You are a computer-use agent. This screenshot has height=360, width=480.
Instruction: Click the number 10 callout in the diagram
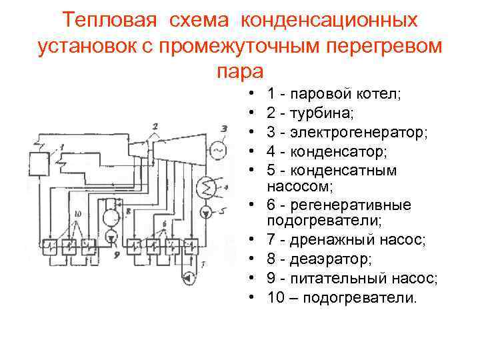click(78, 213)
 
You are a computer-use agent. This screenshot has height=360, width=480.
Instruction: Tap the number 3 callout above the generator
click(225, 128)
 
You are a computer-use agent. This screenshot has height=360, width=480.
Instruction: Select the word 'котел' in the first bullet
click(379, 95)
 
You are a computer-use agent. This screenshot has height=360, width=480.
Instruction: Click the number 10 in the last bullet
click(275, 298)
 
